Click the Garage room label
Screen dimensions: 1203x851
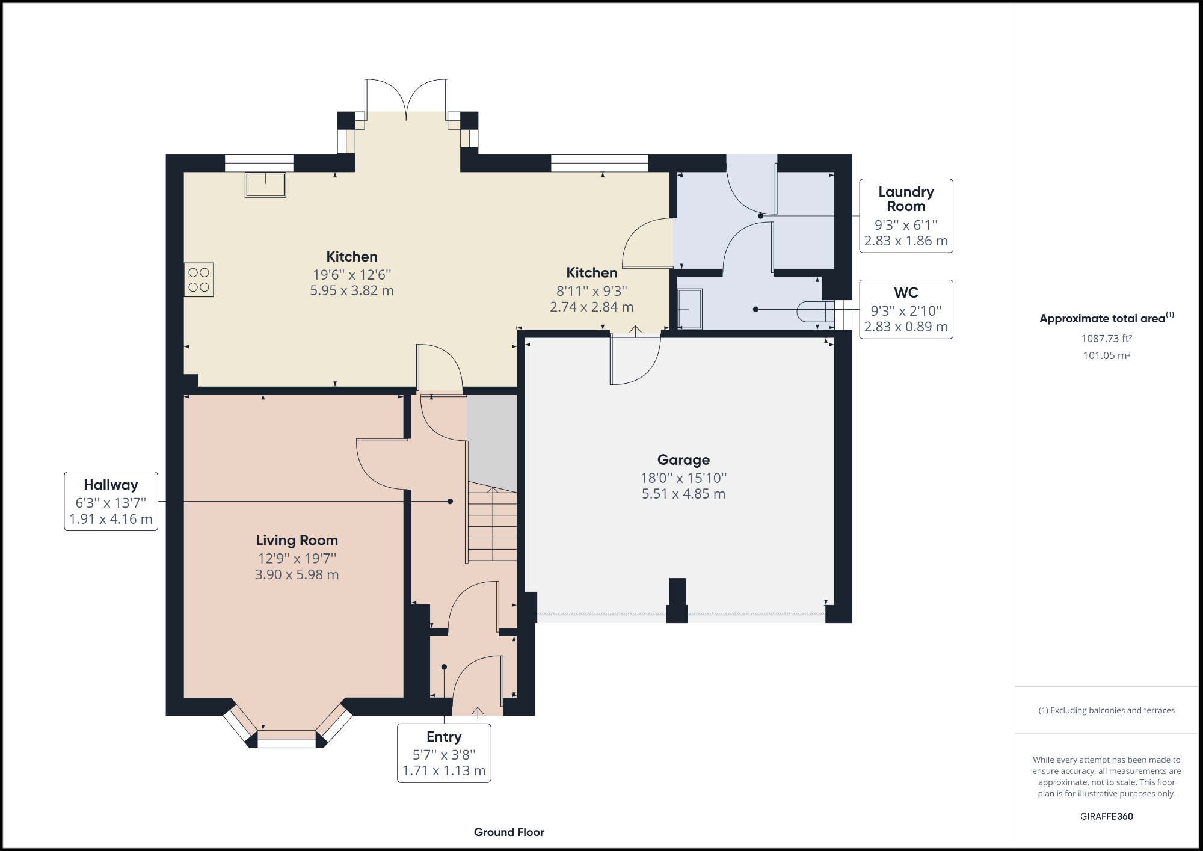pyautogui.click(x=683, y=460)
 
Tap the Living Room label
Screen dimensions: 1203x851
pyautogui.click(x=297, y=540)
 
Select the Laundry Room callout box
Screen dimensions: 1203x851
pyautogui.click(x=906, y=216)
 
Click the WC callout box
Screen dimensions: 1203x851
pyautogui.click(x=906, y=309)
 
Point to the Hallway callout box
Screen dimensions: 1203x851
pyautogui.click(x=111, y=501)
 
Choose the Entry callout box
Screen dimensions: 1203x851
pyautogui.click(x=444, y=753)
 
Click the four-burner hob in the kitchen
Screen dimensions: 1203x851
pyautogui.click(x=199, y=280)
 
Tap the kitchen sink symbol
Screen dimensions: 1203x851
pyautogui.click(x=265, y=185)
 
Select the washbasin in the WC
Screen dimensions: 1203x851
pyautogui.click(x=690, y=309)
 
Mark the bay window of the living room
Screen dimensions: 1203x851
pyautogui.click(x=288, y=725)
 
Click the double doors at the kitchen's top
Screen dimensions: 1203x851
pyautogui.click(x=407, y=99)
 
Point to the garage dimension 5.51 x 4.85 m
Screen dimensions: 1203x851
pyautogui.click(x=683, y=494)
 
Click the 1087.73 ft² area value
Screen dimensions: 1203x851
pyautogui.click(x=1107, y=339)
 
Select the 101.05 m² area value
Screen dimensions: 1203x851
pyautogui.click(x=1107, y=355)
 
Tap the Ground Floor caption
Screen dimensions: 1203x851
pyautogui.click(x=509, y=832)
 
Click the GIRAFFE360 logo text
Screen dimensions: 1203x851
pyautogui.click(x=1107, y=816)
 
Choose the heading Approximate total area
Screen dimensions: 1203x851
pyautogui.click(x=1107, y=318)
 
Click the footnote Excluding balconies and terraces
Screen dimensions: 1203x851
pyautogui.click(x=1107, y=710)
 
